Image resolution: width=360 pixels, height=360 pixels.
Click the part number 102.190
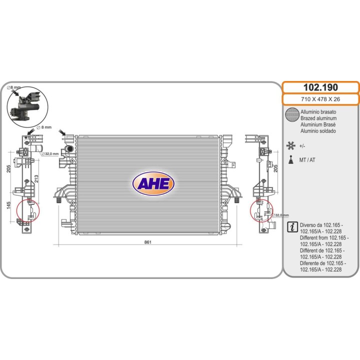pyautogui.click(x=320, y=87)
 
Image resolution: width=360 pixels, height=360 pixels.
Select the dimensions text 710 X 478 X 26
pyautogui.click(x=320, y=99)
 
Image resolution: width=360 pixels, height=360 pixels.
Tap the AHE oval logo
pyautogui.click(x=153, y=183)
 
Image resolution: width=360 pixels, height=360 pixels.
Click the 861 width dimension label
pyautogui.click(x=148, y=242)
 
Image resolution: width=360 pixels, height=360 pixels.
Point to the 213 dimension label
pyautogui.click(x=36, y=179)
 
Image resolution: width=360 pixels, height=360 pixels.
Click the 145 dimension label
pyautogui.click(x=8, y=205)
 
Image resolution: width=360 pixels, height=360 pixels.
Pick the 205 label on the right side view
pyautogui.click(x=275, y=168)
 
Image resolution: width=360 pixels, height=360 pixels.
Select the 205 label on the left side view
pyautogui.click(x=8, y=169)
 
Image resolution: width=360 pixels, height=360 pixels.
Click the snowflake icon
pyautogui.click(x=290, y=146)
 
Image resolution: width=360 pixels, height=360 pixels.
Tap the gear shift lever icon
pyautogui.click(x=291, y=160)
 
